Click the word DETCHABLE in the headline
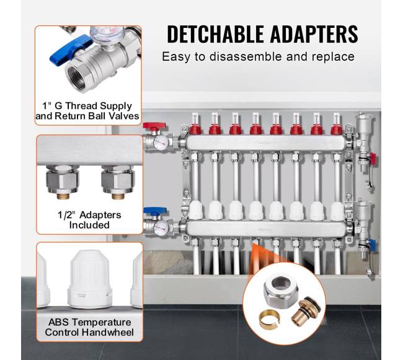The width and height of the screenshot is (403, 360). coord(215,34)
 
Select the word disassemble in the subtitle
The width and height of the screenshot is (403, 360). coord(246,56)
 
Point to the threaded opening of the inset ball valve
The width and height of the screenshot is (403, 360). coord(77,75)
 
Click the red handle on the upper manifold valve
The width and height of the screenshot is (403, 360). coord(154,126)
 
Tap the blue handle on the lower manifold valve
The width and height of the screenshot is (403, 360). coord(155,211)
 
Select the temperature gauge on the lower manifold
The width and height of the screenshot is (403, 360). coord(161,227)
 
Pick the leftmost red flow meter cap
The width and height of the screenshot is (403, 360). coord(195,129)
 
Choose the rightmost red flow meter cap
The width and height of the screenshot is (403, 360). coord(337,129)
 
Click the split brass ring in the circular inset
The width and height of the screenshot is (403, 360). coord(268,319)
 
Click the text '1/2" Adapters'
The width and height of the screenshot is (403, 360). coord(89,215)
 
